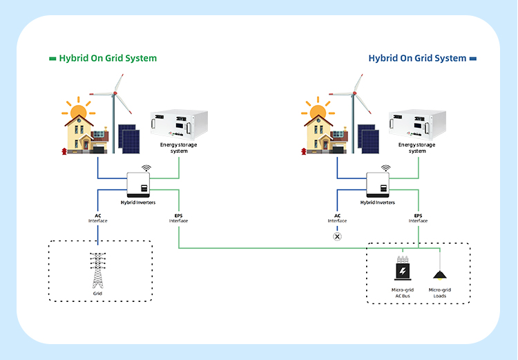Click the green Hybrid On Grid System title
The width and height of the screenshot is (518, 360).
(x=108, y=58)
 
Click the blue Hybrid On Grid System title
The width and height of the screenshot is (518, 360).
(x=417, y=58)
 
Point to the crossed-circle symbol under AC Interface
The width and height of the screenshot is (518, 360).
(x=338, y=236)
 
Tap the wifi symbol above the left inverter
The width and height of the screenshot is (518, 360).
(x=146, y=168)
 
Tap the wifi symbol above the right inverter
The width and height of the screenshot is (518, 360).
(x=385, y=168)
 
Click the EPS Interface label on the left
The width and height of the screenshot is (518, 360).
(x=178, y=218)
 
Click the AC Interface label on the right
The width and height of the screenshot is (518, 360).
(x=338, y=218)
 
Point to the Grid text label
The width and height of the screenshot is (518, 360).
(x=97, y=293)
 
